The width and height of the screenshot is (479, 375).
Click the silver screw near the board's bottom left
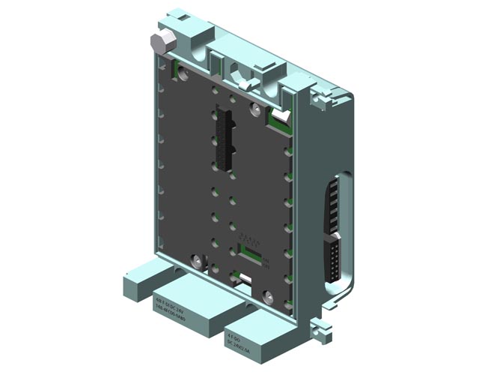click(197, 262)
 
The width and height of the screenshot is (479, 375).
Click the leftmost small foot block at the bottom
click(137, 285)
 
